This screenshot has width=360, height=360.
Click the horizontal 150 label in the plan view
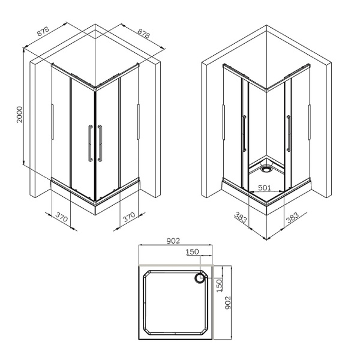191,253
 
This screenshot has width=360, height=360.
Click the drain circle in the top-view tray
199,278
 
